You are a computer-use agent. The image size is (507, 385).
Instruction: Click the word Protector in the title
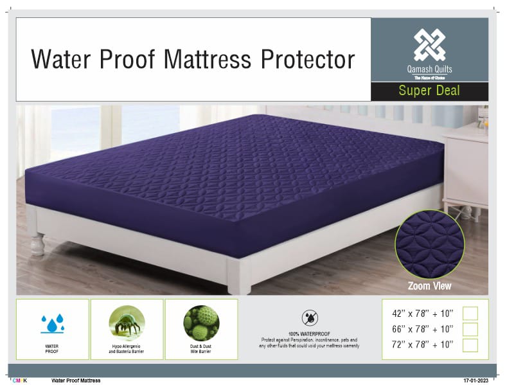[x=308, y=60]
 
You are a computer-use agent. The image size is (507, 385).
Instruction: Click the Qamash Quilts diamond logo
[x=429, y=45]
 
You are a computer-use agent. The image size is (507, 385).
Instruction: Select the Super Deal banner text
[x=429, y=91]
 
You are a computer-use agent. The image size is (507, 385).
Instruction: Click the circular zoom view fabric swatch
[x=429, y=244]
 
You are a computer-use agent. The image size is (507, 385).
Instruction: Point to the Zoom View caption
[x=429, y=286]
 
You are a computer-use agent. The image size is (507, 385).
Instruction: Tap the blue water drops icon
[x=53, y=323]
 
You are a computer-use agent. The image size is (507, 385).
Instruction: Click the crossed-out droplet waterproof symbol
[x=310, y=318]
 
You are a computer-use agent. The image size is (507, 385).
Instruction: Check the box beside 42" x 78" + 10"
[x=470, y=314]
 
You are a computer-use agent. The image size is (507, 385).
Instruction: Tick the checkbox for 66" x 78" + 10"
[x=470, y=329]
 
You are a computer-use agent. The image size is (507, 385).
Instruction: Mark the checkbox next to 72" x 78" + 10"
[x=470, y=345]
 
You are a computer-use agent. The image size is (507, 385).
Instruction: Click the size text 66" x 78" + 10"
[x=422, y=329]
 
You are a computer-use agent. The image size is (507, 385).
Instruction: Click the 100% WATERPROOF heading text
[x=310, y=334]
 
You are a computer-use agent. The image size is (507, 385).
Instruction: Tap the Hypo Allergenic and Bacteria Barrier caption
[x=127, y=348]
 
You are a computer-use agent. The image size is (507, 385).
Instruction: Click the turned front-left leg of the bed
[x=37, y=244]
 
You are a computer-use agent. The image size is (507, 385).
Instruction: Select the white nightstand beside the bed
[x=466, y=167]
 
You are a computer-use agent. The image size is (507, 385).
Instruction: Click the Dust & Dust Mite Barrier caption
[x=201, y=348]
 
